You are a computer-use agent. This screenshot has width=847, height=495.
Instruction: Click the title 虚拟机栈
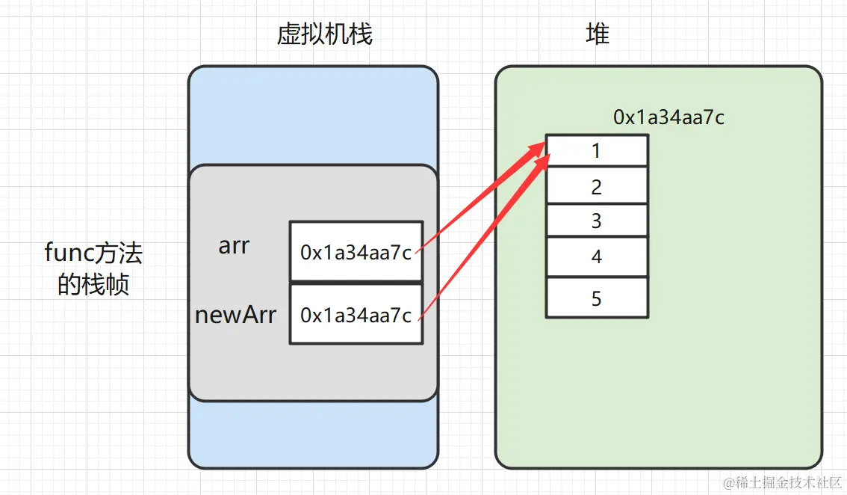(x=324, y=34)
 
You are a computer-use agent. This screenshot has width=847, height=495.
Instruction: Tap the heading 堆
(x=598, y=34)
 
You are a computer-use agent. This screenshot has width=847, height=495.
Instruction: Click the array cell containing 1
(x=597, y=150)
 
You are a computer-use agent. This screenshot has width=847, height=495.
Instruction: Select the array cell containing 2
(x=597, y=186)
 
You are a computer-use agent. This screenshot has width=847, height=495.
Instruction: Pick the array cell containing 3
(x=597, y=221)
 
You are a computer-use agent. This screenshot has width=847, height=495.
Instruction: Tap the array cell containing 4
(x=597, y=256)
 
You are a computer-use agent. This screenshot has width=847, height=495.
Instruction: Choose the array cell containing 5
(x=597, y=298)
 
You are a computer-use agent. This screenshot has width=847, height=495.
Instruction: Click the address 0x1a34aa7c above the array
(x=668, y=117)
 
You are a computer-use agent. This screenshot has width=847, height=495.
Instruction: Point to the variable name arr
(x=234, y=246)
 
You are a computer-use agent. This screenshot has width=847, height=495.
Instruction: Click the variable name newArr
(x=235, y=315)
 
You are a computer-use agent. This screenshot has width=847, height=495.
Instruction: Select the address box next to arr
(x=356, y=252)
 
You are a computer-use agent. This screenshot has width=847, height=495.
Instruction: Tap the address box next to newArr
(x=356, y=315)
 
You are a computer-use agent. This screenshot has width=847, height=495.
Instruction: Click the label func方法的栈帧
(x=93, y=269)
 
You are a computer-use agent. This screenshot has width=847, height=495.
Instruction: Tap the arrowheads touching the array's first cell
(x=539, y=152)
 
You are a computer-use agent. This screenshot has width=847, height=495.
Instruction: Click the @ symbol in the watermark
(x=729, y=482)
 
